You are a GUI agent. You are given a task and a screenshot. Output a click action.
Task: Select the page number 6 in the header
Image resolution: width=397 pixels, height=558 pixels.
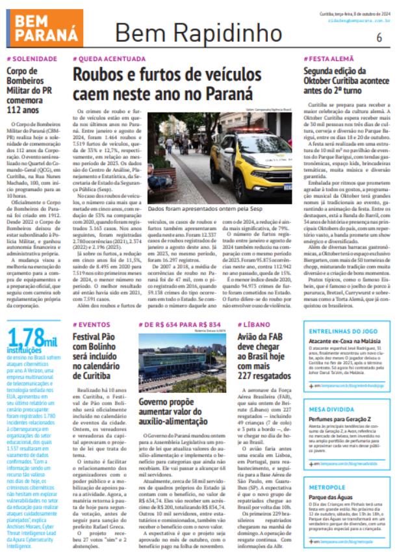click(379, 36)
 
